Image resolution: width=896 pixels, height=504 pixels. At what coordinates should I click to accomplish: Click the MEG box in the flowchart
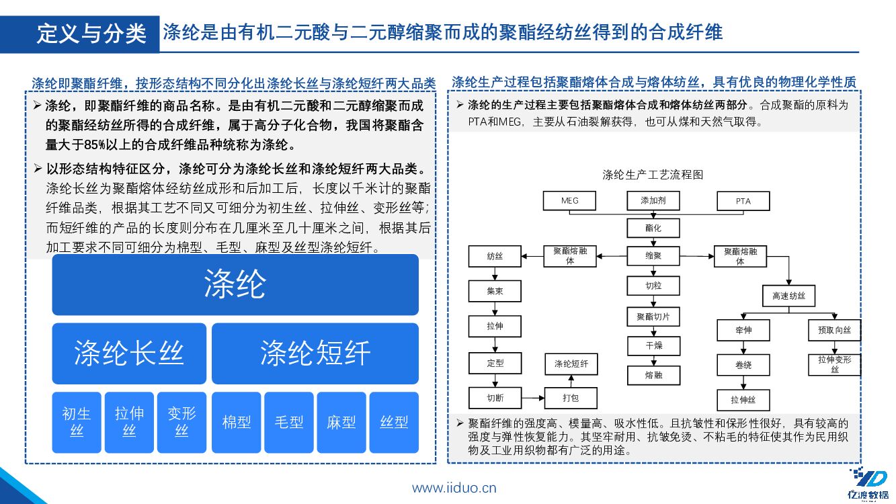(x=569, y=201)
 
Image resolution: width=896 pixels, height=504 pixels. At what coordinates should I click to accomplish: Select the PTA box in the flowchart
(x=743, y=201)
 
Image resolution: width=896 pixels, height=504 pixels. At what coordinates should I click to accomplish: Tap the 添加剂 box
(x=653, y=201)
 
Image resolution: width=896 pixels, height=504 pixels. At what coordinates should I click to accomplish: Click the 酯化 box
(x=653, y=228)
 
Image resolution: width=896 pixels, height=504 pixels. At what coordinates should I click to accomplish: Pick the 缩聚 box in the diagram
(x=653, y=256)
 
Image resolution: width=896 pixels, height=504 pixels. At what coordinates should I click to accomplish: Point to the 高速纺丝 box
(x=788, y=296)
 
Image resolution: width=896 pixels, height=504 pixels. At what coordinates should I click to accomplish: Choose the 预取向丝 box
(x=834, y=330)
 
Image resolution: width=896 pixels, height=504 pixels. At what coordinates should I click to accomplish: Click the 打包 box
(x=570, y=398)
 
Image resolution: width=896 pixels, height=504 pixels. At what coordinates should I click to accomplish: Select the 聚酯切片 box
(x=653, y=317)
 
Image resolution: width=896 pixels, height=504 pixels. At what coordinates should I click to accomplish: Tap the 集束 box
(x=495, y=291)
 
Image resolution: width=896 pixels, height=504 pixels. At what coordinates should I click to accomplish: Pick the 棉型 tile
(x=237, y=422)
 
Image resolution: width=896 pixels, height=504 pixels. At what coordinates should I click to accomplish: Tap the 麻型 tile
(x=341, y=422)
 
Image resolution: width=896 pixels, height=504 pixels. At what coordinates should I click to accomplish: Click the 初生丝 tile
(x=77, y=422)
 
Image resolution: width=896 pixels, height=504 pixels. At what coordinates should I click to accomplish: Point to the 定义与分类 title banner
(x=91, y=34)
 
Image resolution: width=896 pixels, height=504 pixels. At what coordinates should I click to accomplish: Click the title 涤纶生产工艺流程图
(x=653, y=175)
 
